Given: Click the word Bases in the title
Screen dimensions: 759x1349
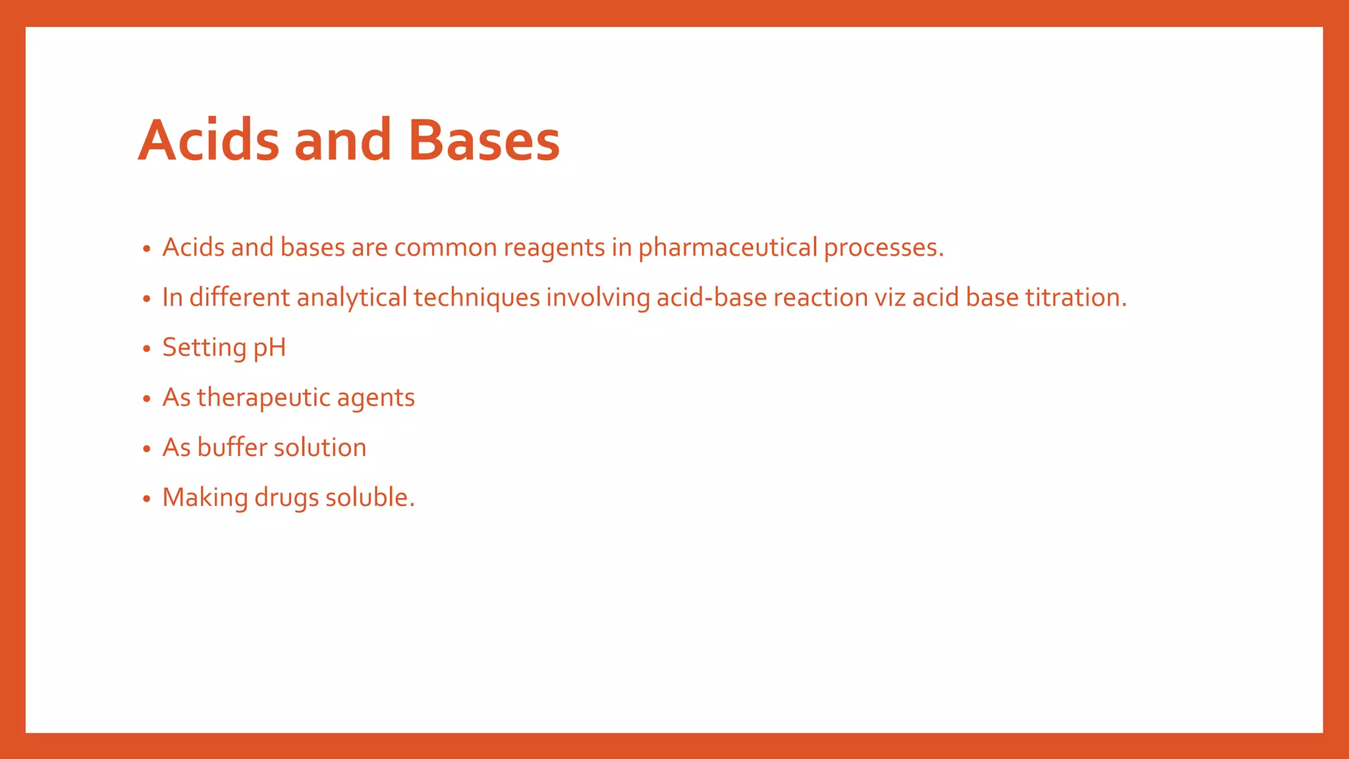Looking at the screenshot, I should [x=483, y=140].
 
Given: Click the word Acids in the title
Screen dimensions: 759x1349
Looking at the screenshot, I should [x=209, y=140].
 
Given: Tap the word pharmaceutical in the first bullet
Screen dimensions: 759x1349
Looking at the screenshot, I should [x=728, y=248].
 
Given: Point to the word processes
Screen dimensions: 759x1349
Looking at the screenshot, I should [x=883, y=248].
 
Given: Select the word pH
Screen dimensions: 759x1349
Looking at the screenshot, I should [x=269, y=348].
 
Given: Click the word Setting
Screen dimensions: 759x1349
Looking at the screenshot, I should [x=204, y=348].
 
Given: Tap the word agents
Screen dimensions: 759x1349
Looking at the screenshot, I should [x=375, y=398].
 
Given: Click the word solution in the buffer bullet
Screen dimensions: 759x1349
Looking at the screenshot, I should [x=319, y=447].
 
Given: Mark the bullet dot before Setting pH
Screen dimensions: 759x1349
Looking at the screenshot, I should [x=147, y=349].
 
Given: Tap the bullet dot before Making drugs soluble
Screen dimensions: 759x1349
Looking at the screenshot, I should [x=147, y=499].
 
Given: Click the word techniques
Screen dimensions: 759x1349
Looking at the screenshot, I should [x=477, y=298].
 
